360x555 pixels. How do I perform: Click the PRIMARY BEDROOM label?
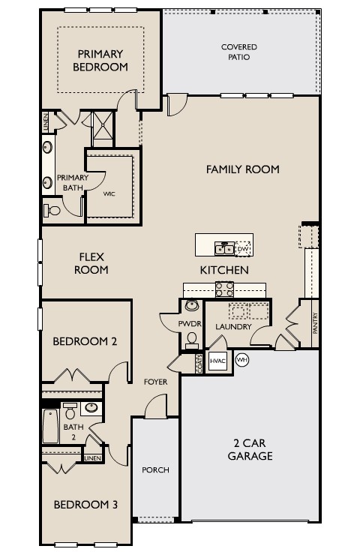(100, 60)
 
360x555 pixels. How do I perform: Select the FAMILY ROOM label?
(242, 169)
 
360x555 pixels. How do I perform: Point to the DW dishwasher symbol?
(242, 248)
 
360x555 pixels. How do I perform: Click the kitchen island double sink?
(223, 248)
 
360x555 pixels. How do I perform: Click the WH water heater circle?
(241, 359)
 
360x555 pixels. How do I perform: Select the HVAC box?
(217, 361)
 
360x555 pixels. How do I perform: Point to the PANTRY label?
(316, 325)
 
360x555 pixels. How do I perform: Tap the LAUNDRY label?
(232, 327)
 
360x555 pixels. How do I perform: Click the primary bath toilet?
(52, 210)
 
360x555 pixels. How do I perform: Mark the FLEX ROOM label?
(91, 263)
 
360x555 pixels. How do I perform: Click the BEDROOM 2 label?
(85, 341)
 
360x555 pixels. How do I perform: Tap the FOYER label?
(155, 382)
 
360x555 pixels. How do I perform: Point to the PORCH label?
(155, 470)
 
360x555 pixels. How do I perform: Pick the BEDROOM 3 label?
(85, 505)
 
